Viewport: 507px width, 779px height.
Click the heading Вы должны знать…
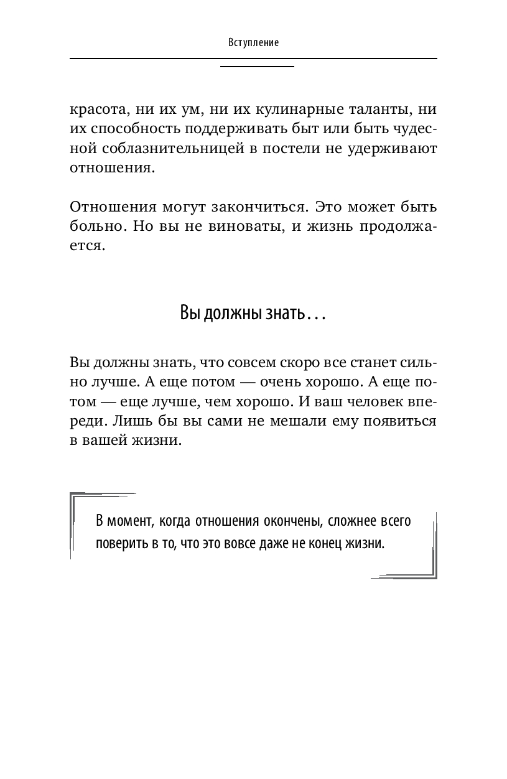point(253,312)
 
